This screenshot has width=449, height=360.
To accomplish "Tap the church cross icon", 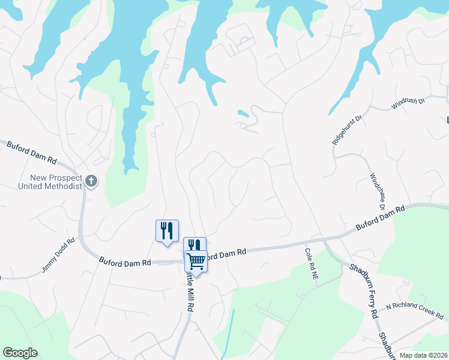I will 91,181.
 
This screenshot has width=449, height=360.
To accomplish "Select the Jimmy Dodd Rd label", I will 58,256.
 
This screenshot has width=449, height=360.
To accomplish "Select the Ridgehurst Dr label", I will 348,128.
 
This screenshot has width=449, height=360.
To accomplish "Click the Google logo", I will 20,353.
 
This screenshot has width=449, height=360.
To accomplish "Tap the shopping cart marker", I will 196,261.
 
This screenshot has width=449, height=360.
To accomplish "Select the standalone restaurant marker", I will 167,230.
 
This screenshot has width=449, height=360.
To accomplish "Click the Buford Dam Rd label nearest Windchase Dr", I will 381,217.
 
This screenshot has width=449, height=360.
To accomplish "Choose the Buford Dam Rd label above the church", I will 31,153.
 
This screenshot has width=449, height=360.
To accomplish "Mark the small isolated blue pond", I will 243,113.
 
